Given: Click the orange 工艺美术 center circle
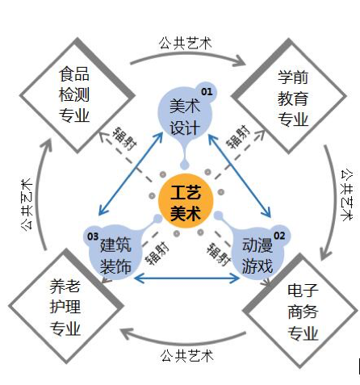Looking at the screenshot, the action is tap(186, 201).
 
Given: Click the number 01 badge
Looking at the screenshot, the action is tap(207, 92).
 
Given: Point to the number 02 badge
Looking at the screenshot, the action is tap(279, 236).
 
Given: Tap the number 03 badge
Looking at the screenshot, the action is tap(93, 236).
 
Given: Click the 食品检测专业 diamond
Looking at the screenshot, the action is tap(77, 95).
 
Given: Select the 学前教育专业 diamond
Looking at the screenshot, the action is tap(289, 96).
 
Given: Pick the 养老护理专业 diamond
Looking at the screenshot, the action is tap(66, 306).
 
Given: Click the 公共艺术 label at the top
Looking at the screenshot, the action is tap(186, 43).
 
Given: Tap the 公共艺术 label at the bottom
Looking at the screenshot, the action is tap(186, 355).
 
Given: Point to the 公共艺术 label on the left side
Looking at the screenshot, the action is tap(27, 204).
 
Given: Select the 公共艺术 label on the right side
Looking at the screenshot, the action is tap(347, 195).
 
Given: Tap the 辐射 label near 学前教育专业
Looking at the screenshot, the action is tap(238, 136).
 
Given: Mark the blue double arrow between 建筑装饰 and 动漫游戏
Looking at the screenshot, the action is tap(186, 278).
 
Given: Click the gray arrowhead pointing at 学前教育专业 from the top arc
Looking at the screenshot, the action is tap(240, 61).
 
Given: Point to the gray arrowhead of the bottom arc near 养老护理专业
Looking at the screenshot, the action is tap(127, 333).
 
